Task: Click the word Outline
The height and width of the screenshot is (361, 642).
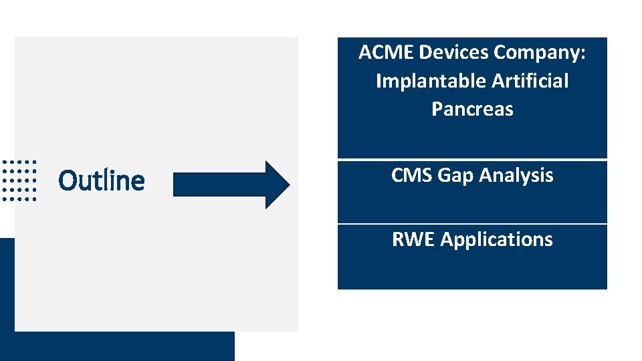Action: click(x=102, y=180)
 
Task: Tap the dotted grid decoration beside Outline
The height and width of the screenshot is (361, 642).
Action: click(x=19, y=180)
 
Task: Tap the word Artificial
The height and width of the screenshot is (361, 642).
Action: click(x=530, y=81)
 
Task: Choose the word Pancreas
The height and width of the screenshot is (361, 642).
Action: click(x=472, y=109)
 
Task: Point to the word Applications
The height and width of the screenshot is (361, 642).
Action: click(x=497, y=239)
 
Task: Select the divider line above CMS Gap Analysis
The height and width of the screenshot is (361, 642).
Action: click(x=472, y=159)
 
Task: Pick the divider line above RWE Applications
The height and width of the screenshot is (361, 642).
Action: click(x=472, y=223)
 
